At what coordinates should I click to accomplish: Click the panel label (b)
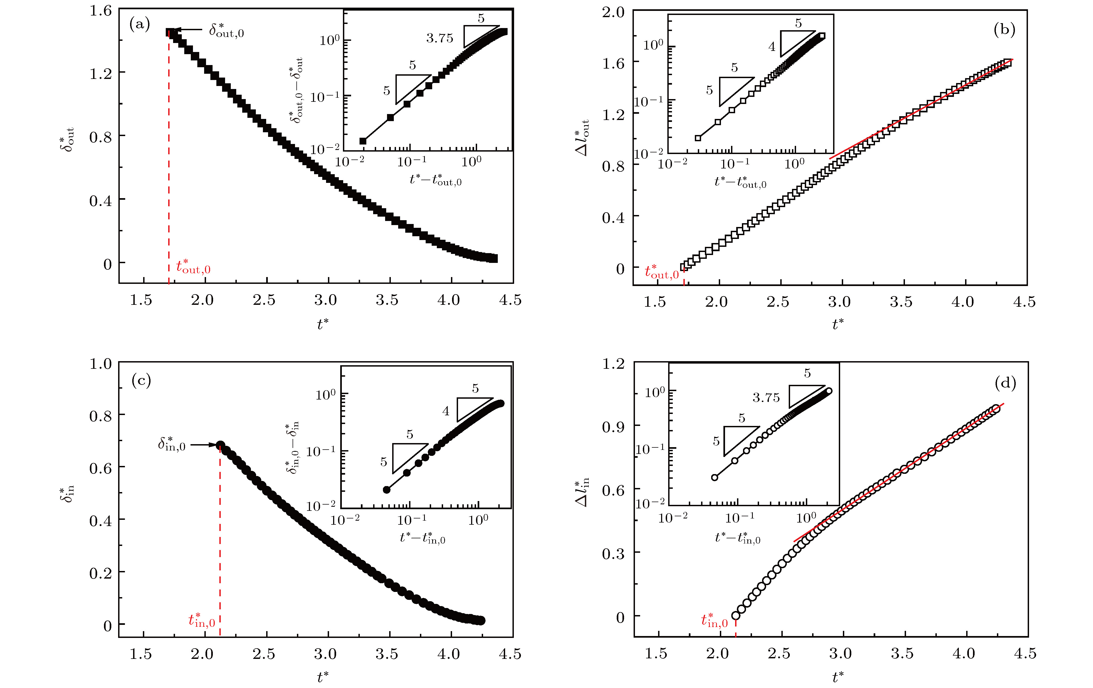(1004, 30)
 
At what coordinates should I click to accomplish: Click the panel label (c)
(141, 380)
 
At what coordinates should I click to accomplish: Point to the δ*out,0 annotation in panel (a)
(226, 31)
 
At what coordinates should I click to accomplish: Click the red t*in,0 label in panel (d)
(714, 621)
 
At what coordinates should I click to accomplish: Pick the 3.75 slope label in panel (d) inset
(766, 398)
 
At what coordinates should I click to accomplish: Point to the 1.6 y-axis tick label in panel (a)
(100, 10)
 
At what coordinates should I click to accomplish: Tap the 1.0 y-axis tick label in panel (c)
(100, 364)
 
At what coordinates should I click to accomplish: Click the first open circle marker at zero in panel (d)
(736, 615)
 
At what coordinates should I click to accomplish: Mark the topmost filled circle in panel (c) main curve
(220, 445)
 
